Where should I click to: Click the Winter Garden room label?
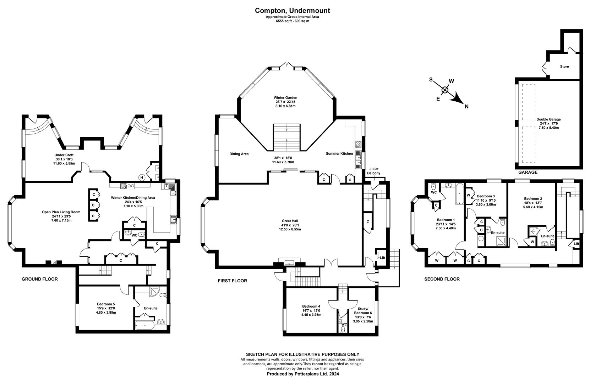[x=285, y=97]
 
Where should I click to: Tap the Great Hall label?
[x=290, y=221]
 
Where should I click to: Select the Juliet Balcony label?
[x=374, y=171]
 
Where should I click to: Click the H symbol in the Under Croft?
[x=142, y=177]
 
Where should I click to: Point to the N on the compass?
[x=466, y=107]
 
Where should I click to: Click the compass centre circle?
[x=445, y=90]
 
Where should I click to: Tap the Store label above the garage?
[x=564, y=67]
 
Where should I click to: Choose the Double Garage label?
[x=548, y=119]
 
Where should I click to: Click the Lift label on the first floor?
[x=382, y=258]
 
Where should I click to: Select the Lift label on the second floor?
[x=576, y=244]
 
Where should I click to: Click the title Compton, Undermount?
[x=293, y=11]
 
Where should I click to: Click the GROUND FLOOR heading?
[x=40, y=279]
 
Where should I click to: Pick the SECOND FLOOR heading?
[x=442, y=279]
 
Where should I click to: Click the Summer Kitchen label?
[x=339, y=154]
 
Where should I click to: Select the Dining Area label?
[x=239, y=154]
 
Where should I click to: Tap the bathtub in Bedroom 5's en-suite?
[x=144, y=325]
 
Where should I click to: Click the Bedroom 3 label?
[x=486, y=196]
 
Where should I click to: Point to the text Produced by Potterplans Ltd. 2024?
[x=303, y=374]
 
